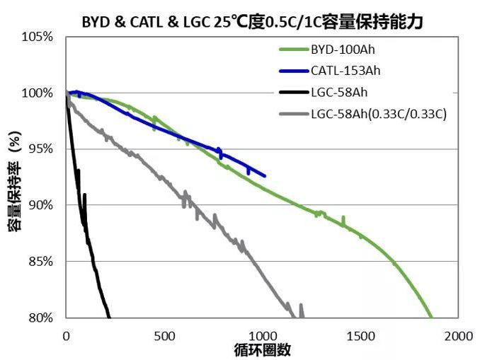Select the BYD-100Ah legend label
tap(341, 50)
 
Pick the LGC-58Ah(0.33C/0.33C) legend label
tap(378, 112)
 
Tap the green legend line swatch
tap(292, 50)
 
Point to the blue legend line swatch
tap(292, 71)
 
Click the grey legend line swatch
tap(292, 112)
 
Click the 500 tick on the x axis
tap(165, 335)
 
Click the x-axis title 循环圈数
tap(263, 350)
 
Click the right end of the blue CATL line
tap(265, 176)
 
